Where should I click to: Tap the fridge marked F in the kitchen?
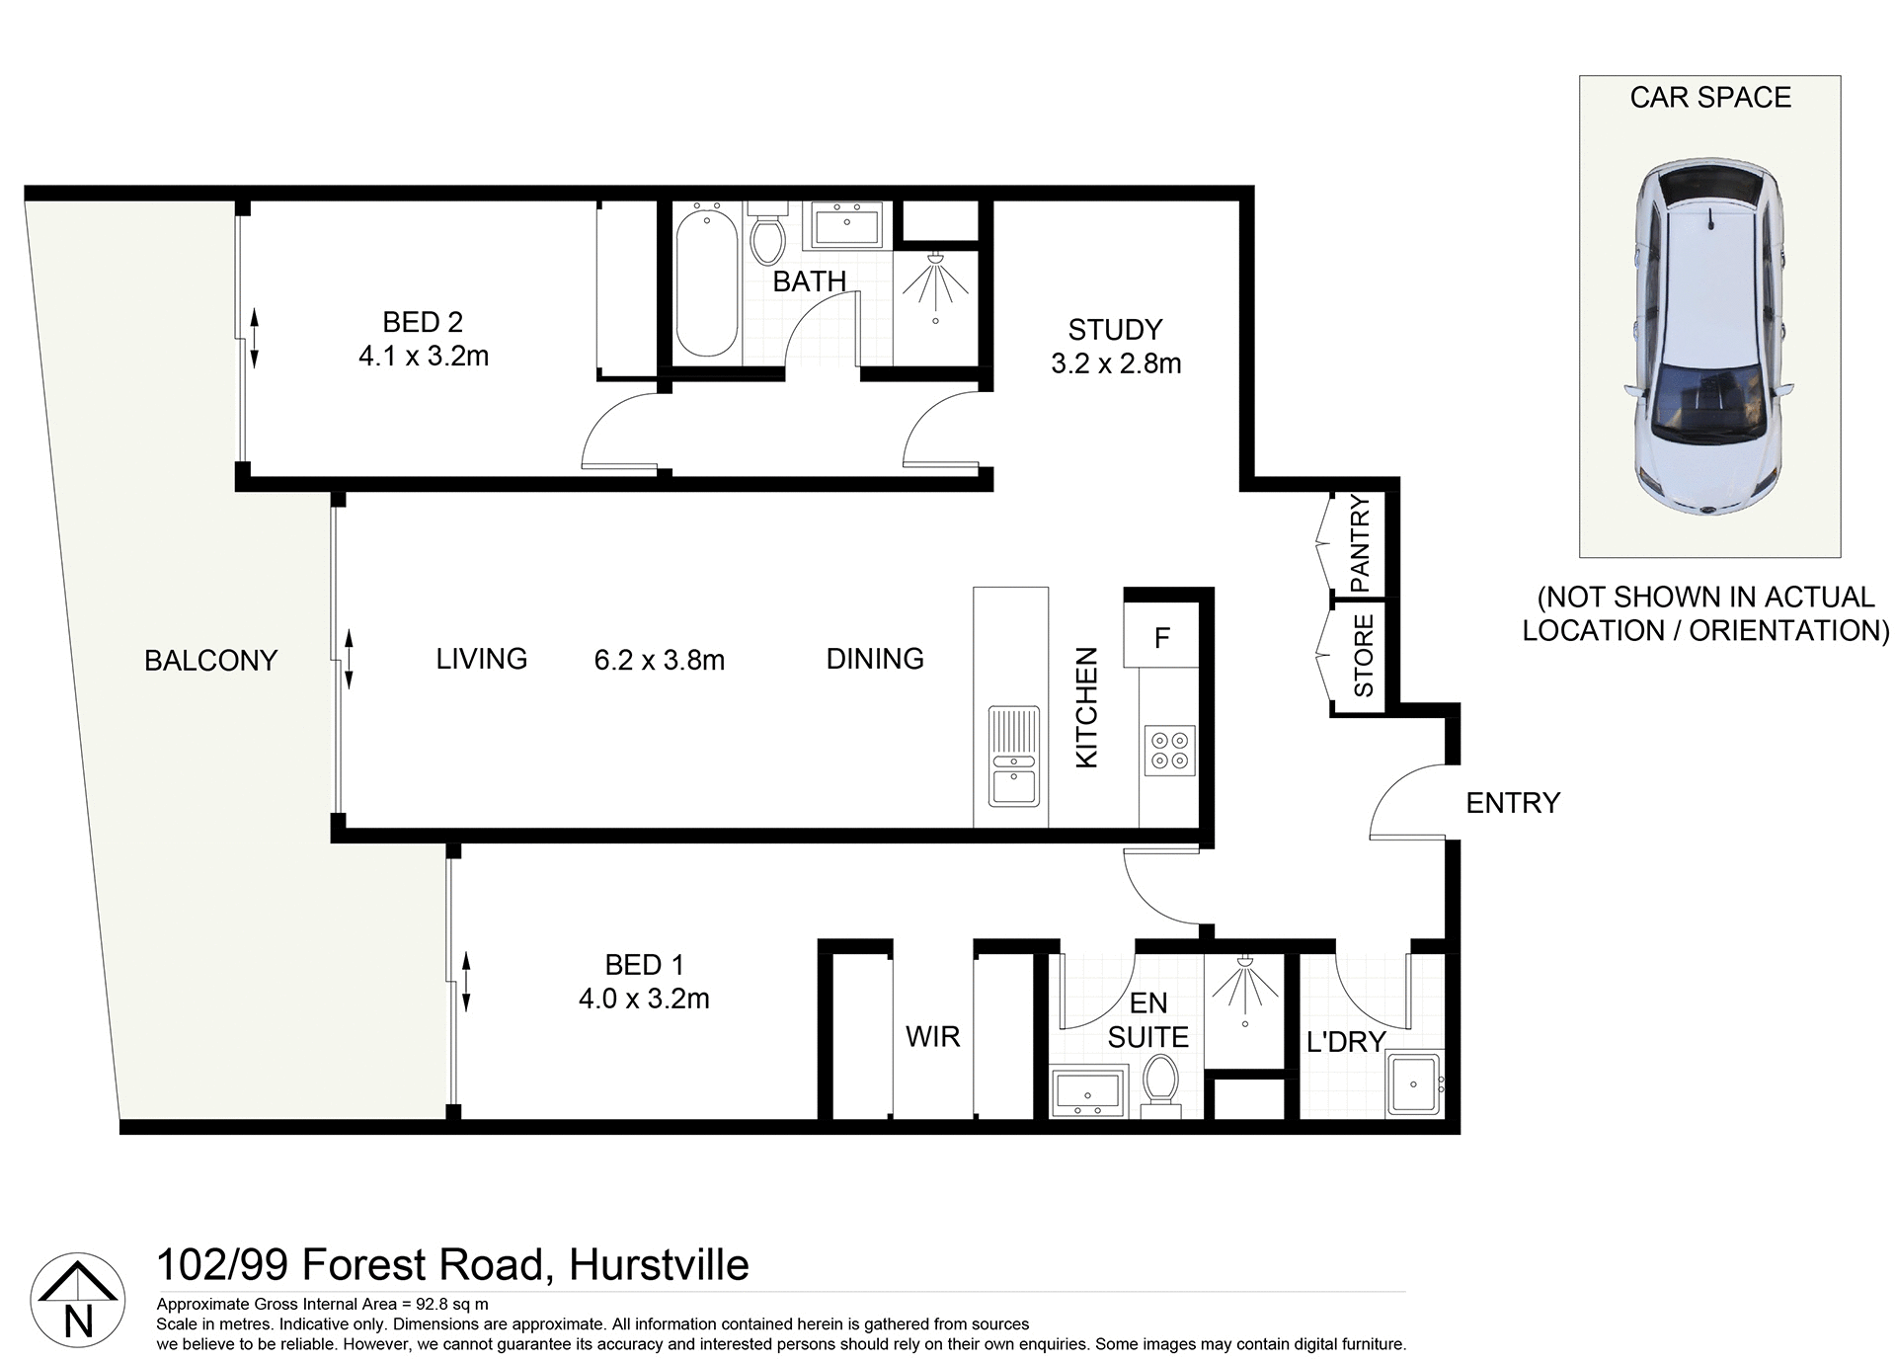click(1161, 637)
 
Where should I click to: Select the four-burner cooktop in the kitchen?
click(1169, 750)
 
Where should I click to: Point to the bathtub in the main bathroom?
click(706, 282)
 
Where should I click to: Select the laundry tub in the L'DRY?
click(1414, 1083)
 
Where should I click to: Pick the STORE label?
click(1363, 656)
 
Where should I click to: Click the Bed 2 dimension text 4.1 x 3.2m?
click(424, 356)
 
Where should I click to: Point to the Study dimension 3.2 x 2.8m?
click(1116, 363)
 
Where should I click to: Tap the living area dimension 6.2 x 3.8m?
click(660, 660)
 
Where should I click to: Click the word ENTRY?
click(1512, 803)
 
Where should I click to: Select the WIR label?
click(932, 1036)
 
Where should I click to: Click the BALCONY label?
click(210, 661)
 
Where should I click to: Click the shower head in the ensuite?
click(1244, 963)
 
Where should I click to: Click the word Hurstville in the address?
click(659, 1265)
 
